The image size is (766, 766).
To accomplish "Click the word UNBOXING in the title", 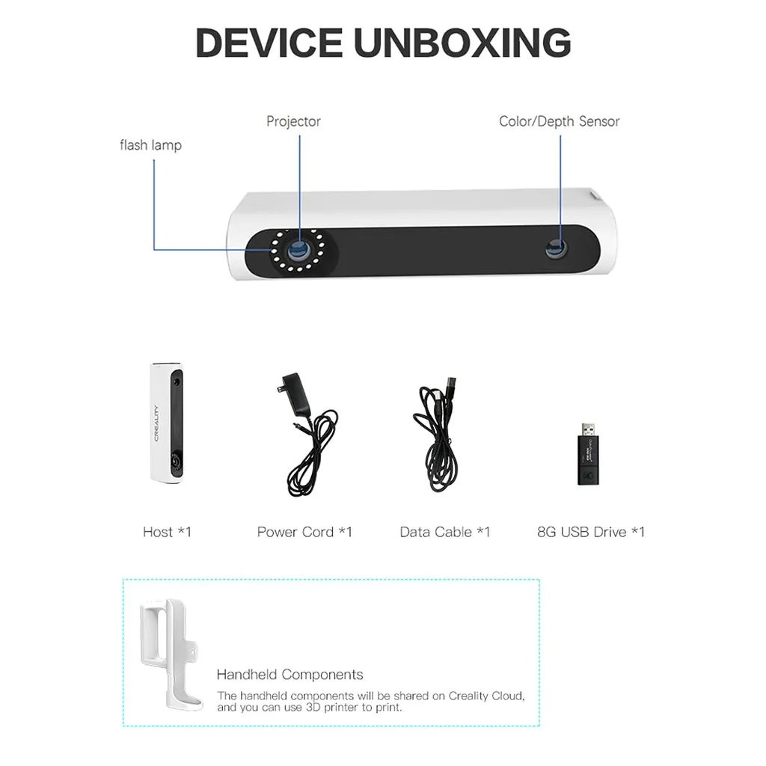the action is click(x=462, y=43).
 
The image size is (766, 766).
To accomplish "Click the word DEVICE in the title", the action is click(x=269, y=43).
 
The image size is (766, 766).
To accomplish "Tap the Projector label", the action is click(x=293, y=121).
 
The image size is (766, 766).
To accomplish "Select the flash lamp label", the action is click(x=151, y=145).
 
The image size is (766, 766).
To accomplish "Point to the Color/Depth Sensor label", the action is click(x=559, y=121).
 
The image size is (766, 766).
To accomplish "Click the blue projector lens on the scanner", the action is click(x=298, y=251).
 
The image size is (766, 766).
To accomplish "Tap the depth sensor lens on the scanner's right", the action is click(x=557, y=249).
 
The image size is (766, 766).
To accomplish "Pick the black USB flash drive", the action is click(x=588, y=455).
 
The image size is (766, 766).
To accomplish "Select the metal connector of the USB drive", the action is click(x=589, y=430).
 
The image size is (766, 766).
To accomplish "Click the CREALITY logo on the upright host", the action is click(x=157, y=423).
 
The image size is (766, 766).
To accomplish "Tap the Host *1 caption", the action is click(x=167, y=532).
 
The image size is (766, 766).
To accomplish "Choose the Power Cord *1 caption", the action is click(x=304, y=532).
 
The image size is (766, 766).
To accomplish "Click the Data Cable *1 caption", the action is click(x=444, y=532).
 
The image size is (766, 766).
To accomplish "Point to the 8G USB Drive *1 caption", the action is click(x=591, y=532).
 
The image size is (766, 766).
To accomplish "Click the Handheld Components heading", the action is click(x=289, y=675).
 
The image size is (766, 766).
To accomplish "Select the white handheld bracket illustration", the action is click(x=170, y=654).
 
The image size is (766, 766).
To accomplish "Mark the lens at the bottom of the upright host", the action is click(x=174, y=461).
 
